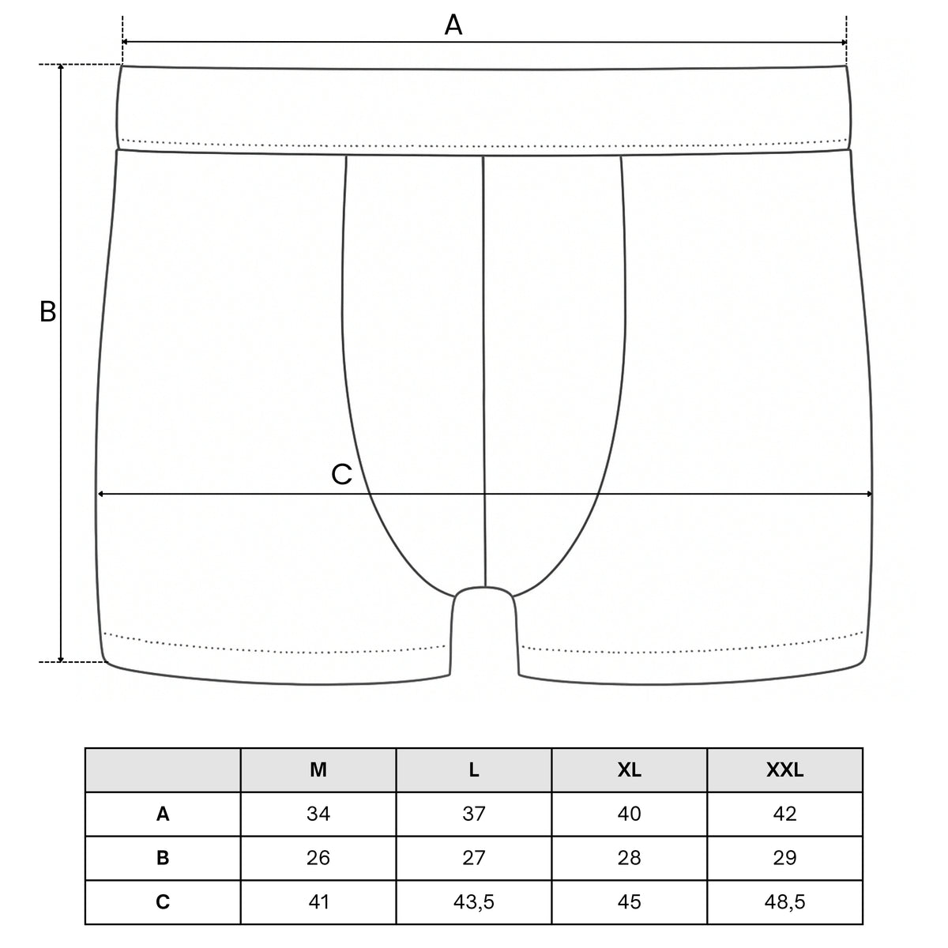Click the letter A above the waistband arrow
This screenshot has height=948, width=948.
(x=453, y=24)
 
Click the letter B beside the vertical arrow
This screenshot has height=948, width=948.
(x=47, y=311)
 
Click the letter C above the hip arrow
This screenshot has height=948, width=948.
(x=341, y=474)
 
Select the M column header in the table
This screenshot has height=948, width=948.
(x=318, y=770)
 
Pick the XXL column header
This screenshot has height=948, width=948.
(x=784, y=770)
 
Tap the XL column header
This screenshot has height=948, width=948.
(x=629, y=770)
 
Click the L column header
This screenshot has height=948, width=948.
(x=474, y=770)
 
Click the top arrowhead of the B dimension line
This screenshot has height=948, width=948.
(x=61, y=68)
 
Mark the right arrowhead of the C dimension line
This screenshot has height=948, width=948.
(x=869, y=494)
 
